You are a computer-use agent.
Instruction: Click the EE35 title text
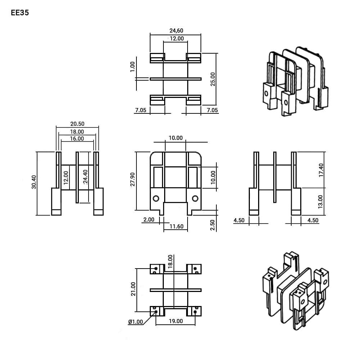20,13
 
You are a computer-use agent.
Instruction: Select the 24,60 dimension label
176,31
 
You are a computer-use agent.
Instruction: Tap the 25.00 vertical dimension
213,79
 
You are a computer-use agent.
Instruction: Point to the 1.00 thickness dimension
132,67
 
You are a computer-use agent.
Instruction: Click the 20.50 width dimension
77,124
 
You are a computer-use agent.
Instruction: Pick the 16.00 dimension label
77,139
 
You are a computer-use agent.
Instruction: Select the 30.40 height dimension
34,182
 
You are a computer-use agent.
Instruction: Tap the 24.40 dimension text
85,177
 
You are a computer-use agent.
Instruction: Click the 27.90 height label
132,179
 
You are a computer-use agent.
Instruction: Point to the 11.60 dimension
176,226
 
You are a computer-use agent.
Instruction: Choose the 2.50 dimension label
212,225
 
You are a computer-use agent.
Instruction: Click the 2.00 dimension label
149,220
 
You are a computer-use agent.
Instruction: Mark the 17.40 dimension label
321,170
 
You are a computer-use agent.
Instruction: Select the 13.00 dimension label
320,202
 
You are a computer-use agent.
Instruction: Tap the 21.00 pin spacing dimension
133,289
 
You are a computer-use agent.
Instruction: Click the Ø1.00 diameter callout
135,322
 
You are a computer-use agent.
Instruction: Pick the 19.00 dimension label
176,321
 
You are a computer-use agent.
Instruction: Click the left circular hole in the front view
156,198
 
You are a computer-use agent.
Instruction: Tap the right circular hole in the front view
195,198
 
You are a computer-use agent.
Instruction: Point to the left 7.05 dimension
140,110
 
